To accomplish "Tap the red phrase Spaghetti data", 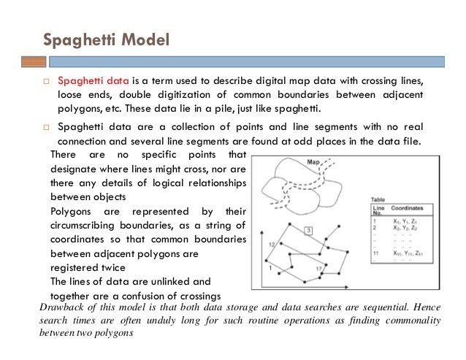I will pos(89,81).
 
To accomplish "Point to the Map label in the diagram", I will pos(316,163).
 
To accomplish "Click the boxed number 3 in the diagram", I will pos(310,231).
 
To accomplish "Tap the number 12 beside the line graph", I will pos(271,243).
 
